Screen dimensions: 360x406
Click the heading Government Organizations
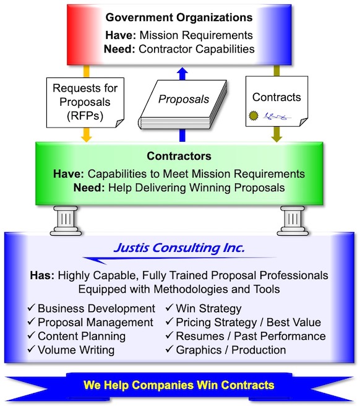(179, 17)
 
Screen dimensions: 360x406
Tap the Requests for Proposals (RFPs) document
(85, 103)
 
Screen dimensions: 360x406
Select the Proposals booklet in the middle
(182, 105)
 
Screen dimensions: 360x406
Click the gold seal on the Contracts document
(254, 116)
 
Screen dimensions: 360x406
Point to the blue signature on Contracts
(276, 116)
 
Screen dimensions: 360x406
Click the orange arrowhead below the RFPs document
(86, 138)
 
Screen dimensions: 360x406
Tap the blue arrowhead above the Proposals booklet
(182, 71)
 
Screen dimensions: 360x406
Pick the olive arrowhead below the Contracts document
(276, 138)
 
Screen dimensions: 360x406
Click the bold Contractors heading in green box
(179, 156)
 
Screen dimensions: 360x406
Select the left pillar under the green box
(66, 220)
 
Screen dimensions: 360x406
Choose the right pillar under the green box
(293, 220)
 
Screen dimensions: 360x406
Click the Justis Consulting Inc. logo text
(179, 248)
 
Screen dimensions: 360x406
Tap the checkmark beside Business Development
(31, 308)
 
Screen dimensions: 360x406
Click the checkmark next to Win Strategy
(169, 308)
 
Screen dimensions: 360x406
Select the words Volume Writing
(76, 350)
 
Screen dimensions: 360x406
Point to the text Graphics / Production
(231, 350)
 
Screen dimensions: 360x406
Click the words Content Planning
(82, 336)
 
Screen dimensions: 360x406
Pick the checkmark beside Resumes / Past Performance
(169, 335)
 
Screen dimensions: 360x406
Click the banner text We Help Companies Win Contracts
(179, 385)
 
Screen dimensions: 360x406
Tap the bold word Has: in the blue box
(42, 275)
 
